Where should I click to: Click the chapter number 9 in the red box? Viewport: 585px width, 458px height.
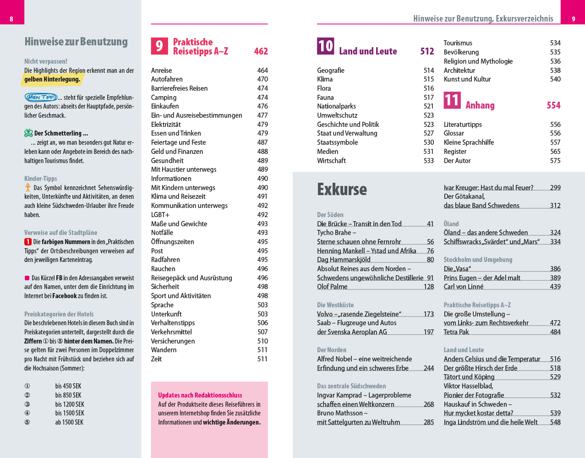click(159, 46)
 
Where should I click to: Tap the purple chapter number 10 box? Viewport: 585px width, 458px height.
click(325, 46)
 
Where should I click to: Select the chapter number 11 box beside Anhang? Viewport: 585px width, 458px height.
click(452, 100)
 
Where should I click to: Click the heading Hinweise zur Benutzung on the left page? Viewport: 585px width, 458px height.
click(76, 42)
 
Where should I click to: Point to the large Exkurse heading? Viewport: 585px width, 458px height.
click(342, 189)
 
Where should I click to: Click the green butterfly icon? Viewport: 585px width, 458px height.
click(28, 133)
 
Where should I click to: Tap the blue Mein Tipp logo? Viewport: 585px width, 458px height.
click(41, 97)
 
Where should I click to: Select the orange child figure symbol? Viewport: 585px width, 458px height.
click(28, 188)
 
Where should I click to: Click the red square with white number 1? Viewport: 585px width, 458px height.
click(28, 242)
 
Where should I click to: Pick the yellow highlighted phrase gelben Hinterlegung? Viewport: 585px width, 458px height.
click(52, 79)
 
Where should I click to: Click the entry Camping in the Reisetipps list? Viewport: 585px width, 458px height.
click(164, 98)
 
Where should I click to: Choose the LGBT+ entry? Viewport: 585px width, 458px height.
click(160, 215)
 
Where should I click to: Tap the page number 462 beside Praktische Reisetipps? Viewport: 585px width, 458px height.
click(261, 51)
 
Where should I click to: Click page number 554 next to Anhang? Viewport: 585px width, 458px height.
click(553, 105)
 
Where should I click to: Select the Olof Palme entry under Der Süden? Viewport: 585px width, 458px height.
click(332, 287)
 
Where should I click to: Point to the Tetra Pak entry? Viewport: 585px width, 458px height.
click(456, 332)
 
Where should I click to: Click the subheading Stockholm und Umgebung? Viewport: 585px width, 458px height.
click(478, 260)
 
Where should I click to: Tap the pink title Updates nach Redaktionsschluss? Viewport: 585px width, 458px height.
click(200, 395)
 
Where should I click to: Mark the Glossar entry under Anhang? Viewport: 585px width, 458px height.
click(454, 133)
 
